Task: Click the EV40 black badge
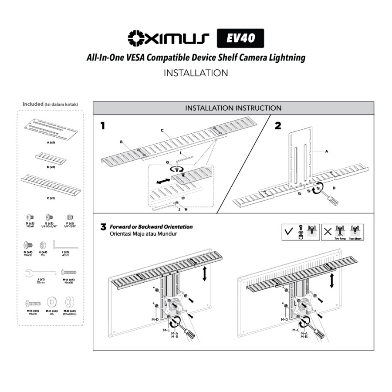[x=240, y=38]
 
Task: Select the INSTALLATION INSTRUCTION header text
[x=233, y=108]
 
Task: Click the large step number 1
[x=103, y=126]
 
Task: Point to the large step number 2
[x=278, y=126]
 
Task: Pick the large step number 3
[x=103, y=227]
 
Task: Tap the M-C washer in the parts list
[x=51, y=301]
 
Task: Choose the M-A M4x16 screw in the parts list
[x=68, y=272]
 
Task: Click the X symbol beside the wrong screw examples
[x=327, y=231]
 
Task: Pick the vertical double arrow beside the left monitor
[x=204, y=274]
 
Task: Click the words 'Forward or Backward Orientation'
[x=151, y=227]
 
